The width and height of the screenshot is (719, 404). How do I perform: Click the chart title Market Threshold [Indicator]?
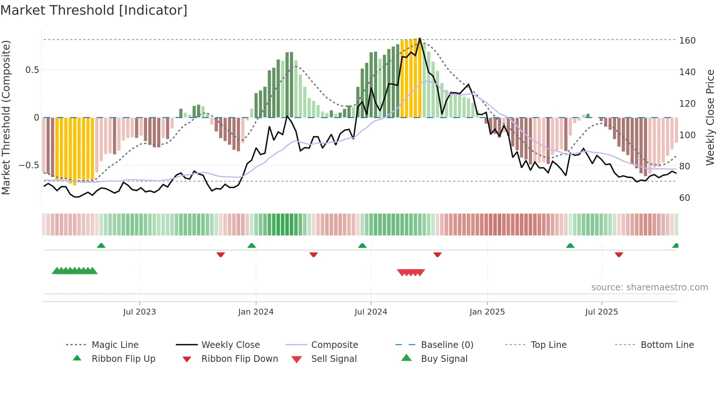pyautogui.click(x=94, y=10)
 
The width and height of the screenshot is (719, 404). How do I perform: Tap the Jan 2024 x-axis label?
pyautogui.click(x=256, y=312)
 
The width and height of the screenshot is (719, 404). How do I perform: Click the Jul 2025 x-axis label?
pyautogui.click(x=601, y=312)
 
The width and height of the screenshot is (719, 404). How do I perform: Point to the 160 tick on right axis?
pyautogui.click(x=687, y=41)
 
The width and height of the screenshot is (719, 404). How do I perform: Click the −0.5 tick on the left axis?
pyautogui.click(x=29, y=165)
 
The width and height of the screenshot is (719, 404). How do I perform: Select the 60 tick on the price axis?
pyautogui.click(x=685, y=198)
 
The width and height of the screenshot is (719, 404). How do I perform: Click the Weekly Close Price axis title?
pyautogui.click(x=710, y=117)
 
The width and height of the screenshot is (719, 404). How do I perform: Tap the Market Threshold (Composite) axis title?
pyautogui.click(x=6, y=117)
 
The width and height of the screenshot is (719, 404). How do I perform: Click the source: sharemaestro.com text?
pyautogui.click(x=649, y=287)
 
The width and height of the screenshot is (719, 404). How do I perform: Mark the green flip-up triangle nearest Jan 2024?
pyautogui.click(x=252, y=246)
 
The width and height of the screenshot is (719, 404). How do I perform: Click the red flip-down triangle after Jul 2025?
pyautogui.click(x=619, y=254)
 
